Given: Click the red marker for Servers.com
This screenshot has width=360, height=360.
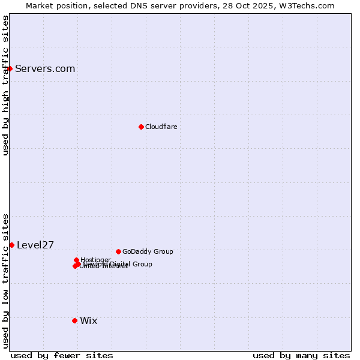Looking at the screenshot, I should (10, 68).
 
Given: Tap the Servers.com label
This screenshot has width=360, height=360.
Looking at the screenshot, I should (45, 68).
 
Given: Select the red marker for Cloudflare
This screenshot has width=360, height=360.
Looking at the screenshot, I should (141, 127).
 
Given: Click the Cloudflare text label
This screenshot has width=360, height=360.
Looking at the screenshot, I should (161, 127).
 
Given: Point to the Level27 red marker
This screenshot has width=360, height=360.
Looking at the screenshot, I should (11, 245).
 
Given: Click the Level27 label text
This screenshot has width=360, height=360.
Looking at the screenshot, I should (35, 245).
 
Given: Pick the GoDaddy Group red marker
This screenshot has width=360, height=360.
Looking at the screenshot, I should (118, 251).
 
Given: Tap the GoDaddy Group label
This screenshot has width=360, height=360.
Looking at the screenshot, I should (148, 251).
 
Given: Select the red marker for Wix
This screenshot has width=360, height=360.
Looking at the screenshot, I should (74, 320).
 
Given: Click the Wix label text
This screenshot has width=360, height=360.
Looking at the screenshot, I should (88, 320).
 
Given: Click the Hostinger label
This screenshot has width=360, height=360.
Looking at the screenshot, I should (95, 260).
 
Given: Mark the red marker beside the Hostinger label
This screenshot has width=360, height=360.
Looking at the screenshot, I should (76, 260).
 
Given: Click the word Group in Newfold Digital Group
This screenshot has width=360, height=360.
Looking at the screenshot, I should (142, 264).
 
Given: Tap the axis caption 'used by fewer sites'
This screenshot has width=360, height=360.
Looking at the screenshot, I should (62, 355).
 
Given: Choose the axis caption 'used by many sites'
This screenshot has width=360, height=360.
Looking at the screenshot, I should (301, 355).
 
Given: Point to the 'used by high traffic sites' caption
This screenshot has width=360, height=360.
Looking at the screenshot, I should (5, 85).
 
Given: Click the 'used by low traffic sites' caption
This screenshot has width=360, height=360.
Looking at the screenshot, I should (5, 280).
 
